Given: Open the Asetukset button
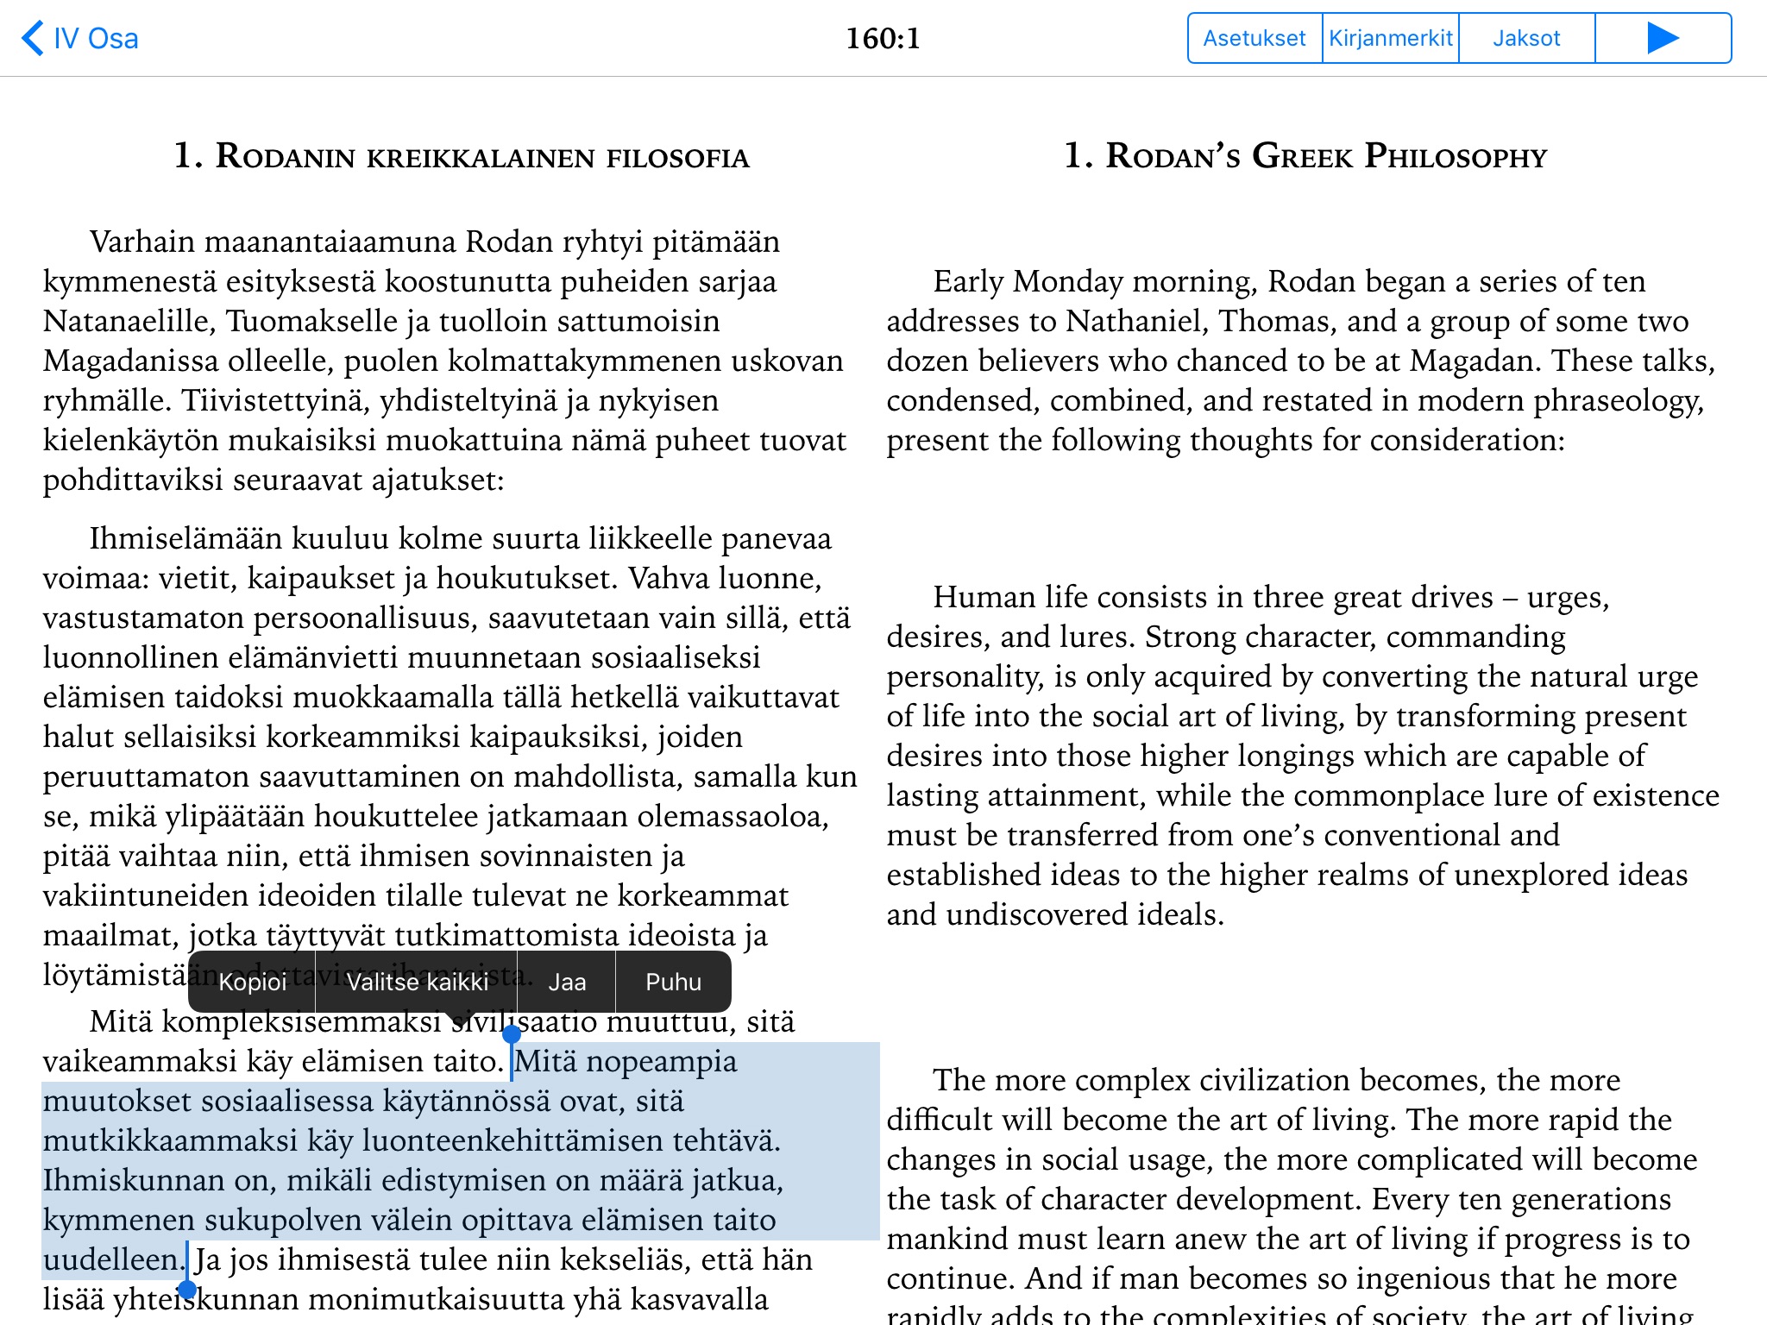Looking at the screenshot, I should [1254, 39].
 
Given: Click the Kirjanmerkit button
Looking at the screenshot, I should [1390, 39].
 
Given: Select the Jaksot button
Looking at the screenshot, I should [1526, 39].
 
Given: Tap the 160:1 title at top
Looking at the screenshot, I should [883, 39].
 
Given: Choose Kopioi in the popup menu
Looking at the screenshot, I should [252, 983].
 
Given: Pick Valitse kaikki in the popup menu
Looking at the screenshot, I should [417, 983].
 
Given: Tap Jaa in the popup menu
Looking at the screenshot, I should [567, 983].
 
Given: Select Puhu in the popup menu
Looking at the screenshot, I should [673, 983].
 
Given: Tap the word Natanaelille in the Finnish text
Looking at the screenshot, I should [128, 321].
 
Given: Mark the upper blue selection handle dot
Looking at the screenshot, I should [512, 1033].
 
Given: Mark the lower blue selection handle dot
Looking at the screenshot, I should [187, 1290].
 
